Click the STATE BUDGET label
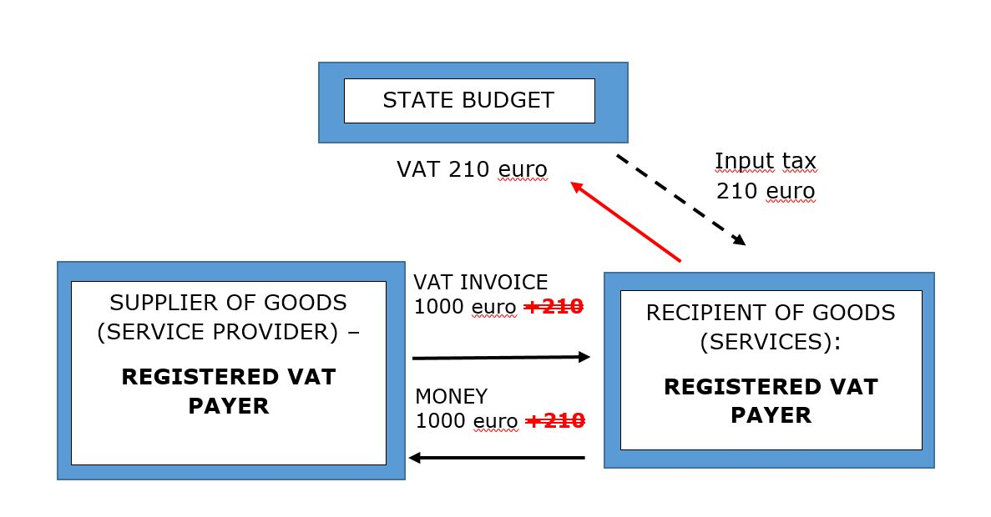point(468,101)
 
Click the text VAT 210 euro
point(472,170)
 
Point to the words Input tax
point(766,161)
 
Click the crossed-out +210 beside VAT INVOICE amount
point(554,307)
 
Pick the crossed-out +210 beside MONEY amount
point(555,421)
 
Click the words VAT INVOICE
point(481,283)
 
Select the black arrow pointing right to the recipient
point(501,358)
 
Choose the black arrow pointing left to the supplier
point(497,458)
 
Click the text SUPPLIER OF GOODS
point(228,303)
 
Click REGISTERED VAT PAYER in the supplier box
point(228,391)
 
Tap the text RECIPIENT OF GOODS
point(770,314)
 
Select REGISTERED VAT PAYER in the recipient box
point(771,401)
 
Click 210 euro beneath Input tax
point(766,191)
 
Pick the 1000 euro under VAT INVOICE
point(465,307)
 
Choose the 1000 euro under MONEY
point(466,421)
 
